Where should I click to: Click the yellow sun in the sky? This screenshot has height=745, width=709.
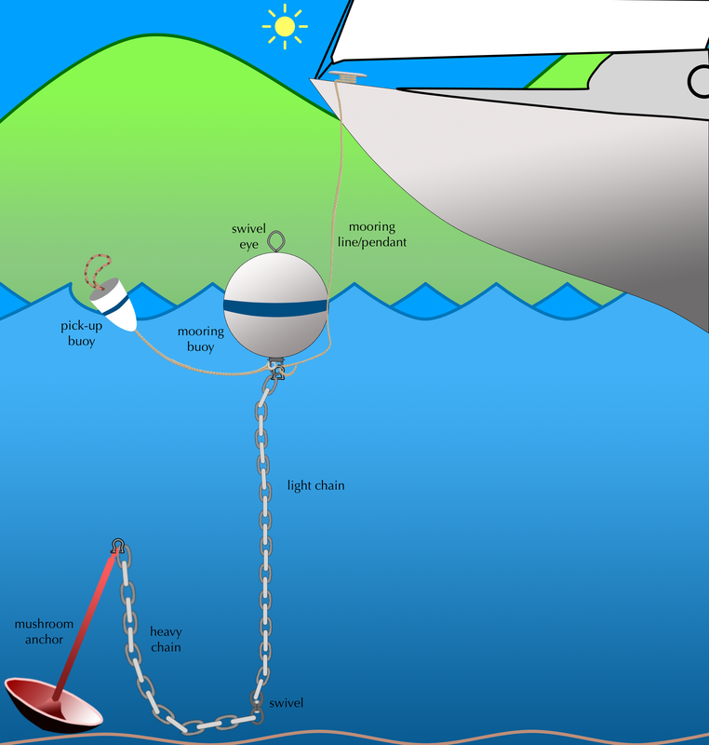[x=285, y=27]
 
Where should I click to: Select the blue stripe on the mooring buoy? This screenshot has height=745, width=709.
[x=275, y=308]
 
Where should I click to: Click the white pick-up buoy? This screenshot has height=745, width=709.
[x=114, y=305]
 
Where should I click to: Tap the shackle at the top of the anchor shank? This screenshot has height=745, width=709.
[x=117, y=546]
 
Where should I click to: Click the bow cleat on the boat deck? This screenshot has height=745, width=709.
[x=347, y=75]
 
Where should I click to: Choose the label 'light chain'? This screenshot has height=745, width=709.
[x=316, y=485]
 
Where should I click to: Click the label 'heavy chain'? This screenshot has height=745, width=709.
[x=166, y=639]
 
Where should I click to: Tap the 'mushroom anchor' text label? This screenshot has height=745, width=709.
[x=44, y=631]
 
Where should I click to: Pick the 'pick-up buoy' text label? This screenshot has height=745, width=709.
[x=82, y=333]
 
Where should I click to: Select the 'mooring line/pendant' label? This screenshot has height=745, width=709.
[x=372, y=235]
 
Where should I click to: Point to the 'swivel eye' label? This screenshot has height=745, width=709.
[x=248, y=237]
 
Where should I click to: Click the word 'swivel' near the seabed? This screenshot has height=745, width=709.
[x=287, y=703]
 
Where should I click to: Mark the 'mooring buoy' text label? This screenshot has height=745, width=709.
[x=201, y=339]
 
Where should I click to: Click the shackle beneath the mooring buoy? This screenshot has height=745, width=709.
[x=276, y=370]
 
